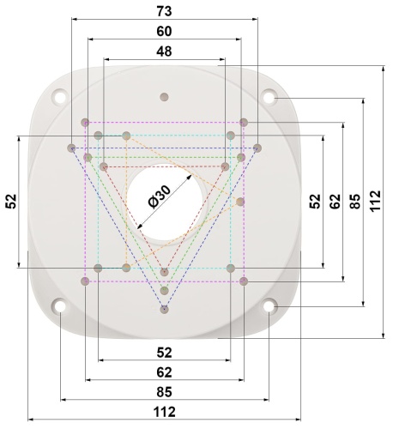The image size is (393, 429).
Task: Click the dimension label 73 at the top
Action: point(164,11)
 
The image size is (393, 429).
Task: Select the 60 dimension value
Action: point(164,31)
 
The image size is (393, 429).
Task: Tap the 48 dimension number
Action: point(164,51)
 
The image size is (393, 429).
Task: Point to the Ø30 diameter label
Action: point(159,196)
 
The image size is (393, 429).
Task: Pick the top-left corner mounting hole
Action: point(60,96)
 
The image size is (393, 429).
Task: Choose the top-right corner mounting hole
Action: point(269,96)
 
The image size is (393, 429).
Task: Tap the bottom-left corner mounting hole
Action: point(60,306)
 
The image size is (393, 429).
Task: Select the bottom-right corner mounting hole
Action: point(269,306)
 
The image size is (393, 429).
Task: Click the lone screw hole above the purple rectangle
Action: point(164,97)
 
